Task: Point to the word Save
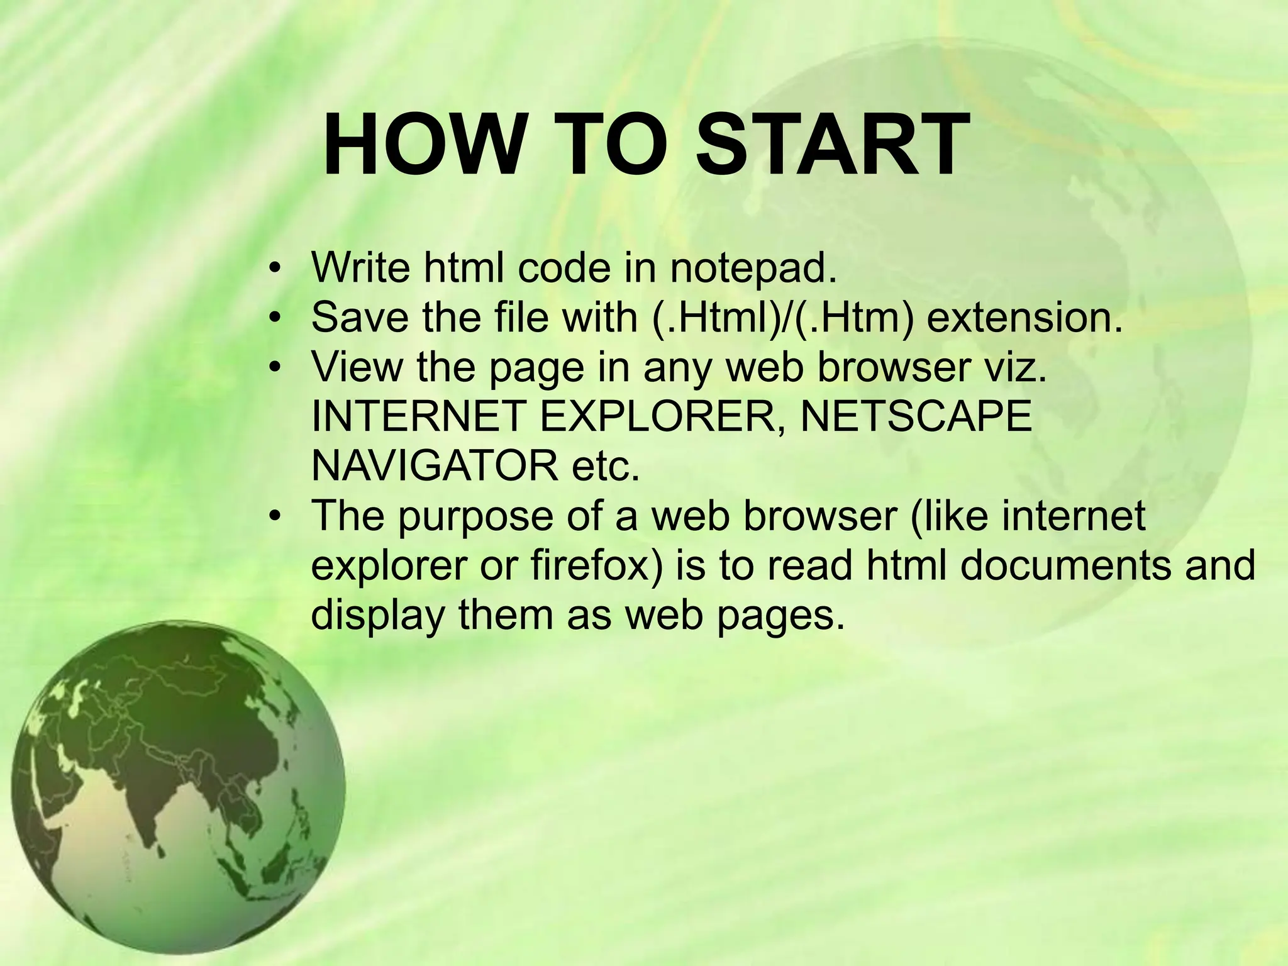pyautogui.click(x=359, y=317)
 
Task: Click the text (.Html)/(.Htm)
pyautogui.click(x=782, y=318)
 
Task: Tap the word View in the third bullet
pyautogui.click(x=356, y=367)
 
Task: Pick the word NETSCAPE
pyautogui.click(x=916, y=416)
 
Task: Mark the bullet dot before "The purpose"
pyautogui.click(x=273, y=517)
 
